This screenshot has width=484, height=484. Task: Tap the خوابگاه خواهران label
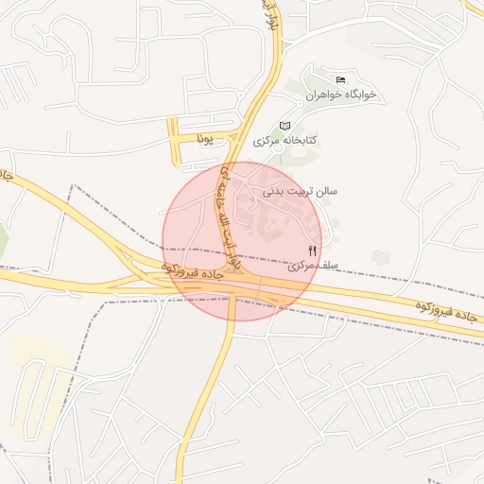[x=341, y=95]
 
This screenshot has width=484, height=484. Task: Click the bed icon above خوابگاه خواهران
[x=341, y=78]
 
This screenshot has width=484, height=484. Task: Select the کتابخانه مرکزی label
[x=285, y=140]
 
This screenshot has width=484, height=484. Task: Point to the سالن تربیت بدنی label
[x=300, y=191]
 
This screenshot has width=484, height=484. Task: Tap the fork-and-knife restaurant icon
[x=313, y=251]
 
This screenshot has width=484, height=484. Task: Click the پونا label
[x=204, y=139]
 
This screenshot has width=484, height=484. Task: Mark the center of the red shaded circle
[x=243, y=241]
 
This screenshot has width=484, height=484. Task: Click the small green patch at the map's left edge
[x=3, y=241]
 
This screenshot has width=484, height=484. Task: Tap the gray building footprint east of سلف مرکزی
[x=381, y=256]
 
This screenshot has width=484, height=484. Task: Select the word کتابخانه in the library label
[x=300, y=140]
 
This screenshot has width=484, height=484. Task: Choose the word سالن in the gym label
[x=324, y=191]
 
